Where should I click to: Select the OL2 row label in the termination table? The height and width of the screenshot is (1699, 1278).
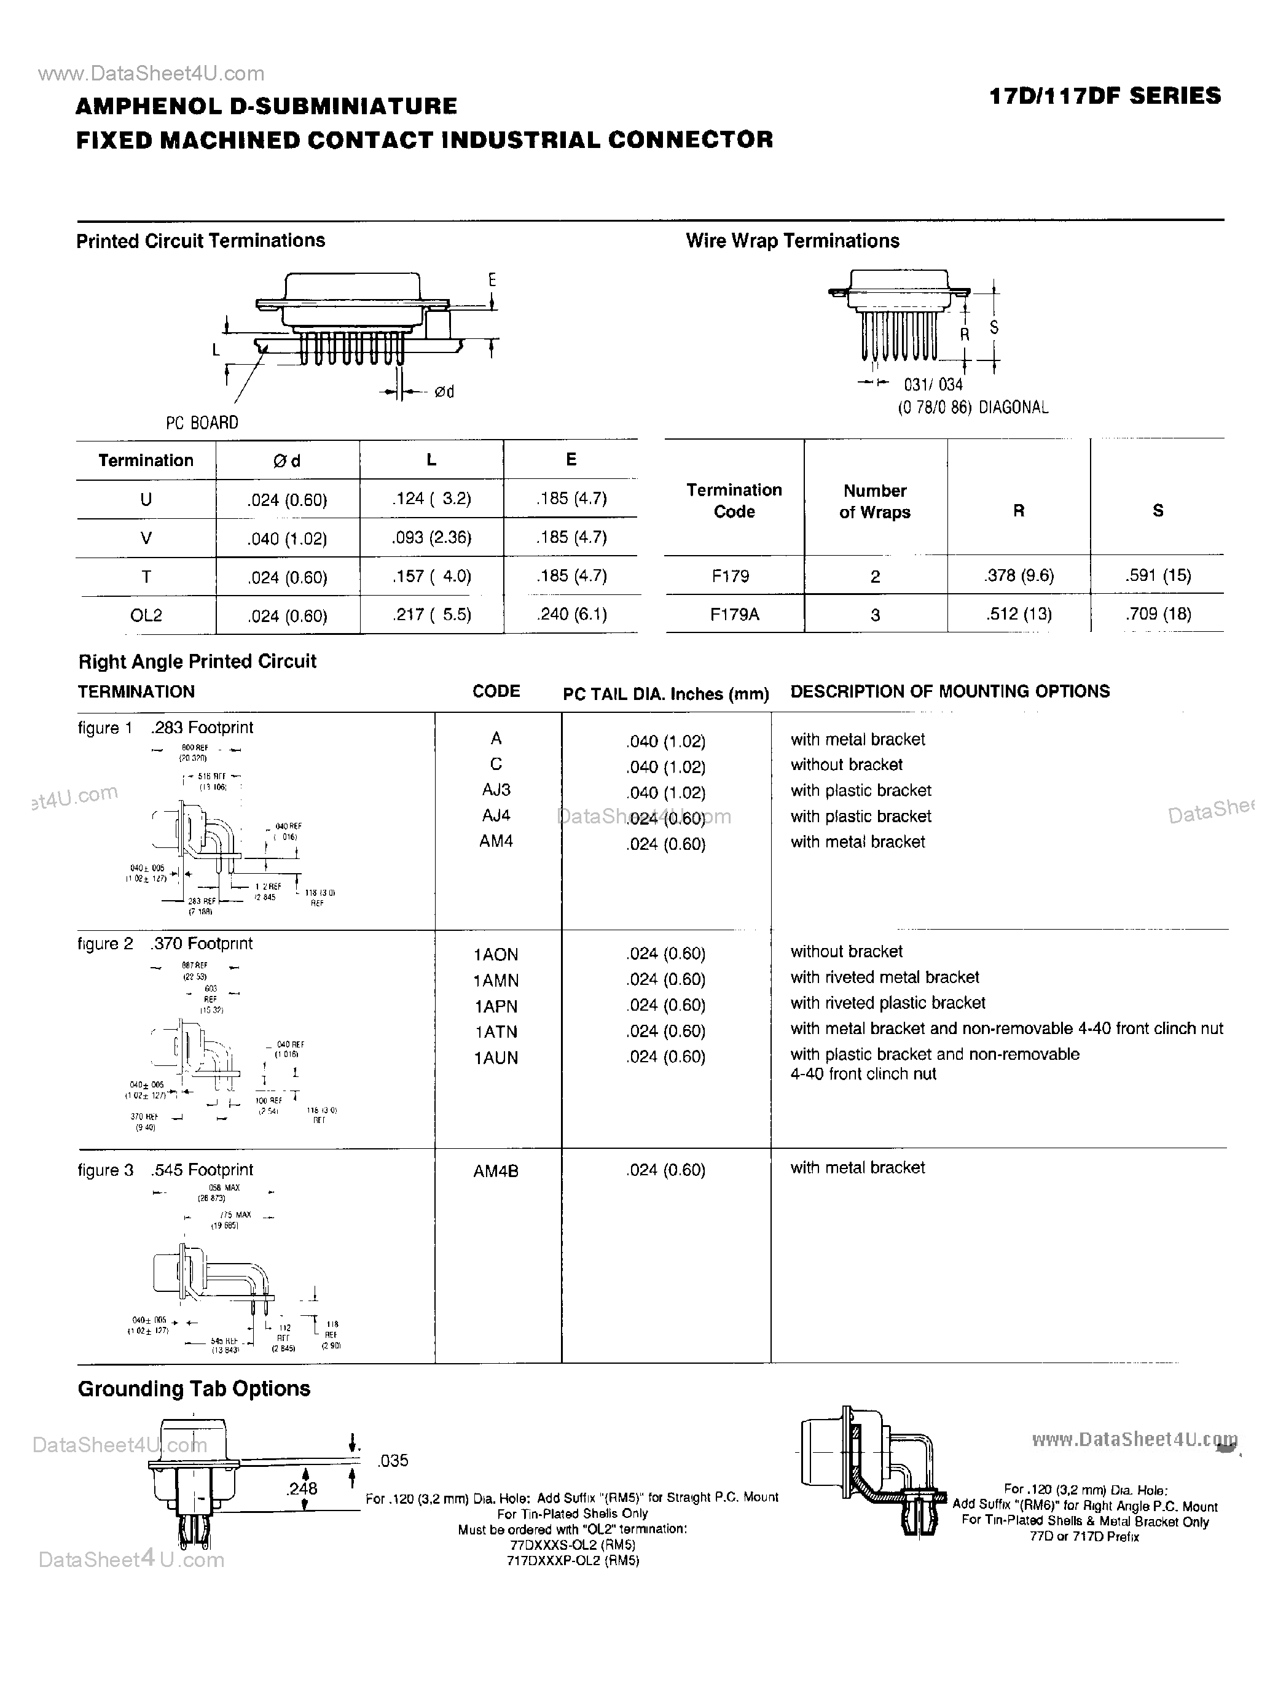click(146, 615)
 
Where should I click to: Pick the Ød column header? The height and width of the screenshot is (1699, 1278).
click(287, 461)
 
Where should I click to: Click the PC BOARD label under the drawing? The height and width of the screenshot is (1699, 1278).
click(202, 422)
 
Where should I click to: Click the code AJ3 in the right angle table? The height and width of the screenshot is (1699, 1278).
click(496, 790)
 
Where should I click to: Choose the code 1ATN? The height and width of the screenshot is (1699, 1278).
click(496, 1032)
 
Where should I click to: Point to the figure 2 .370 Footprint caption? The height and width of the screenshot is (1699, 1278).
click(165, 943)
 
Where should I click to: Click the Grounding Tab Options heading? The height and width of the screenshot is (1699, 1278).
click(194, 1389)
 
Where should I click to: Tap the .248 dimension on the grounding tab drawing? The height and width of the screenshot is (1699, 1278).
click(302, 1488)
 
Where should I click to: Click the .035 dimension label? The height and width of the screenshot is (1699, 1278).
click(393, 1460)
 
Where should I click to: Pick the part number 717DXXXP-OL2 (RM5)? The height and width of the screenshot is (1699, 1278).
click(573, 1560)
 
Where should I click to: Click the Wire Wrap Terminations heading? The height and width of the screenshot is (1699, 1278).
click(793, 241)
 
